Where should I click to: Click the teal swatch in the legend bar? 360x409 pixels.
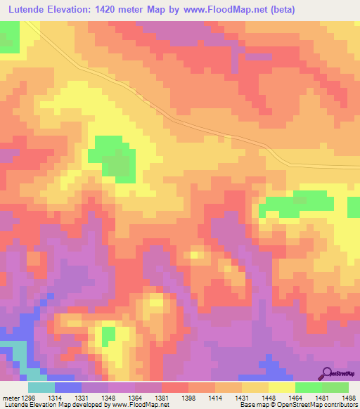coord(41,387)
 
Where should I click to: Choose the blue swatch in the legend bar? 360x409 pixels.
coord(67,387)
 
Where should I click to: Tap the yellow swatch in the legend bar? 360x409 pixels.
coord(281,387)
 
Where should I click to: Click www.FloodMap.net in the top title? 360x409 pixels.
coord(224,9)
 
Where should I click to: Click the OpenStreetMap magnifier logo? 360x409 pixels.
coord(326,373)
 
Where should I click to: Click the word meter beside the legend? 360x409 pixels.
coord(10,398)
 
